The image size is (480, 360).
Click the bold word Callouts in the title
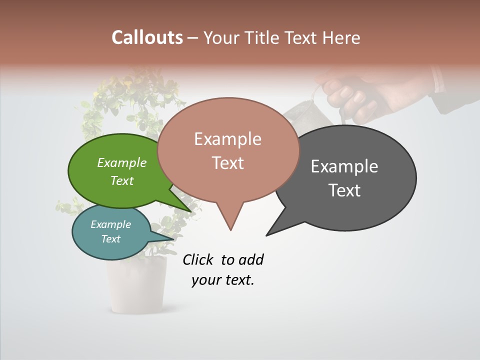click(147, 37)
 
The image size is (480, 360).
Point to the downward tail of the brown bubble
click(230, 220)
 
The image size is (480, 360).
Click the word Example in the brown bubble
click(227, 139)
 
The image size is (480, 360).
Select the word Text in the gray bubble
click(344, 190)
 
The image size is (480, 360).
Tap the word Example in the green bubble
click(121, 163)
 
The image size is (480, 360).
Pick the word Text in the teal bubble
click(110, 239)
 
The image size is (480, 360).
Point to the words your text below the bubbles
click(222, 280)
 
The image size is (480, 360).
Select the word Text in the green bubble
click(121, 180)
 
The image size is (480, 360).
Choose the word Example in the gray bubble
click(344, 166)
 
